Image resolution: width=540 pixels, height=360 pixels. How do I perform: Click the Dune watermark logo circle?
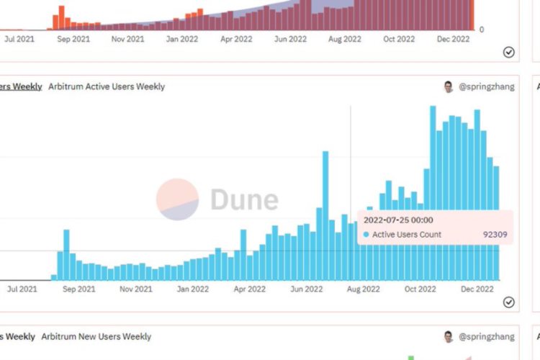(x=177, y=199)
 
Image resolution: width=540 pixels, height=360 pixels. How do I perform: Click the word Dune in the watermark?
(x=244, y=199)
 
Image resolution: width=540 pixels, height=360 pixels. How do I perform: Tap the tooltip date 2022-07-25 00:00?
(x=398, y=220)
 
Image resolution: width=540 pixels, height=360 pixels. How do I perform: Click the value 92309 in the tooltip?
(x=494, y=235)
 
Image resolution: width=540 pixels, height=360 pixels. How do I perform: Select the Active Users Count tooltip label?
(x=407, y=235)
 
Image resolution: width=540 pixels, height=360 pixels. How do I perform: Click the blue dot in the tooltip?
(x=366, y=235)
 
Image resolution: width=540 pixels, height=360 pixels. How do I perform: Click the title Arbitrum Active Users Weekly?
(x=107, y=86)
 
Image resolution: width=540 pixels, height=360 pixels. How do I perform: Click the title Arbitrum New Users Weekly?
(x=96, y=336)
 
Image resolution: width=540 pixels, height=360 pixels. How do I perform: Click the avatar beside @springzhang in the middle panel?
(x=449, y=86)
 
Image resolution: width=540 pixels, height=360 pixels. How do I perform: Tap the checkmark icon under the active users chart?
(x=509, y=302)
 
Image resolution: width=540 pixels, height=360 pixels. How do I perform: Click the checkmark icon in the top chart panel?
(x=509, y=52)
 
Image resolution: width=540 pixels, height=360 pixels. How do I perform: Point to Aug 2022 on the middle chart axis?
(x=364, y=289)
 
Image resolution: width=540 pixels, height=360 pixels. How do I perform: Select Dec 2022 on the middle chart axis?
(x=477, y=289)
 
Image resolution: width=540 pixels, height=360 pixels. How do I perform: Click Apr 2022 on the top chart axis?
(x=235, y=40)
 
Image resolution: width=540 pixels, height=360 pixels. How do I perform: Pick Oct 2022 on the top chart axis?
(x=400, y=40)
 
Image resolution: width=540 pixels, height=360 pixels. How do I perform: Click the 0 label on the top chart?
(x=482, y=30)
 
